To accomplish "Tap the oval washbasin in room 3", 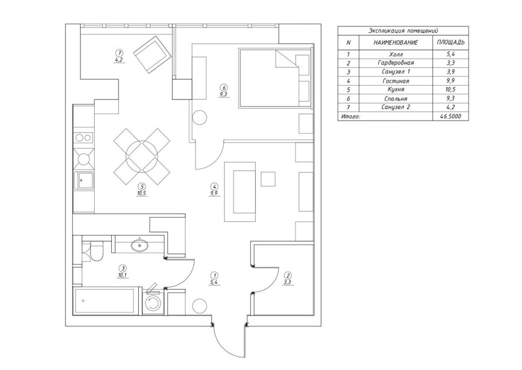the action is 140,246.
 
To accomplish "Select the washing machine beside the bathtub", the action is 153,303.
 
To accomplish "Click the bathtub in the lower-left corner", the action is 105,301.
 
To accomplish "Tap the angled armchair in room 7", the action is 152,55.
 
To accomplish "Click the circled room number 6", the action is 224,88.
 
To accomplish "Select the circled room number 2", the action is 287,275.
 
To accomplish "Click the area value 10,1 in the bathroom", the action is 123,275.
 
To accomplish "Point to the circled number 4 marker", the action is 214,186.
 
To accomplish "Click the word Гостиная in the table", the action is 395,80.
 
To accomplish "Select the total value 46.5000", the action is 451,116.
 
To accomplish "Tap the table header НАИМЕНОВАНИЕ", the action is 395,43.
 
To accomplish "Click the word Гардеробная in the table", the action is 395,63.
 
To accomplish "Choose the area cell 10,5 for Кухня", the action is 451,89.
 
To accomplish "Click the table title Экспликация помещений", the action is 403,30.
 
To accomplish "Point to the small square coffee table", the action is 268,179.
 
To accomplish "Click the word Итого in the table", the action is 350,117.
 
